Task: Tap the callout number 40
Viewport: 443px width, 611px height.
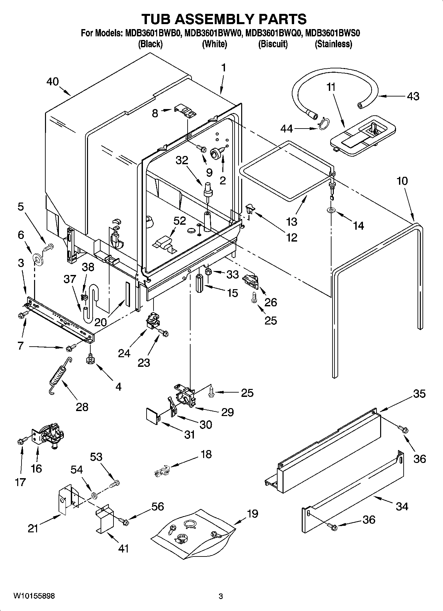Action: tap(52, 82)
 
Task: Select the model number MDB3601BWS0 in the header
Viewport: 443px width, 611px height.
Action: tap(332, 33)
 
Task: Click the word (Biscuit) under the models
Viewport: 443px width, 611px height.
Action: tap(273, 44)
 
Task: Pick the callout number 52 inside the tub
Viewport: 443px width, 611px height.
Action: tap(179, 221)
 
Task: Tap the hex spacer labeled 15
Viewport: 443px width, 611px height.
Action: tap(200, 283)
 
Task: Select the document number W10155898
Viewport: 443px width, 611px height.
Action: tap(34, 596)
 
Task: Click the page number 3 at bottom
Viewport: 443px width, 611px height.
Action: tap(221, 596)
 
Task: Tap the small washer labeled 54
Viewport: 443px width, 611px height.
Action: tap(94, 495)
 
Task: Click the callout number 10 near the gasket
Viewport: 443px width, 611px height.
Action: tap(402, 181)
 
